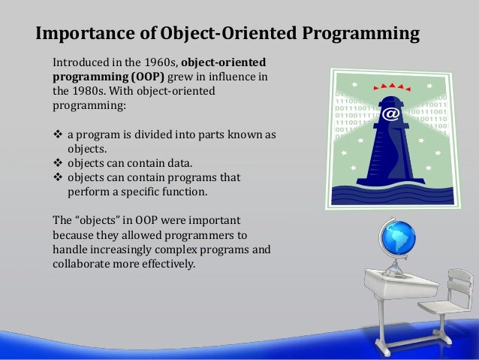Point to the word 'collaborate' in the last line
(80, 264)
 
